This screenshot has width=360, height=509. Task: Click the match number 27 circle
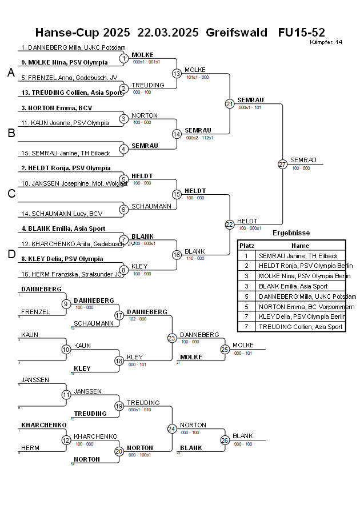pyautogui.click(x=282, y=164)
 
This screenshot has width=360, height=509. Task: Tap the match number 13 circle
pyautogui.click(x=177, y=73)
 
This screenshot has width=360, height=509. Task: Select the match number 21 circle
pyautogui.click(x=230, y=103)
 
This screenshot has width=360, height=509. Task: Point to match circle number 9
pyautogui.click(x=66, y=304)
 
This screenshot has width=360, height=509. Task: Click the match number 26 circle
pyautogui.click(x=225, y=440)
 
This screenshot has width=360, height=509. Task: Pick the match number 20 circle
pyautogui.click(x=119, y=451)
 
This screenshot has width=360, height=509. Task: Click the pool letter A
pyautogui.click(x=10, y=73)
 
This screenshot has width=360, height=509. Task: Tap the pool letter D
pyautogui.click(x=10, y=255)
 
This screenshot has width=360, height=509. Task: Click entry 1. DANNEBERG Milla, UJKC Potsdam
pyautogui.click(x=73, y=48)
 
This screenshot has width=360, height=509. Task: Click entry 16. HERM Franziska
pyautogui.click(x=71, y=274)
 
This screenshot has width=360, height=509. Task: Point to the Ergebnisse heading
pyautogui.click(x=291, y=233)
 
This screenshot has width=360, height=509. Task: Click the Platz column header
pyautogui.click(x=247, y=245)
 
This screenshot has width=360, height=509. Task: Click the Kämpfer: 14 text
pyautogui.click(x=326, y=42)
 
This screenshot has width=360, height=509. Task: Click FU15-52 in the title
pyautogui.click(x=301, y=33)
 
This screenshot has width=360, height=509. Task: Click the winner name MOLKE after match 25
pyautogui.click(x=243, y=345)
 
